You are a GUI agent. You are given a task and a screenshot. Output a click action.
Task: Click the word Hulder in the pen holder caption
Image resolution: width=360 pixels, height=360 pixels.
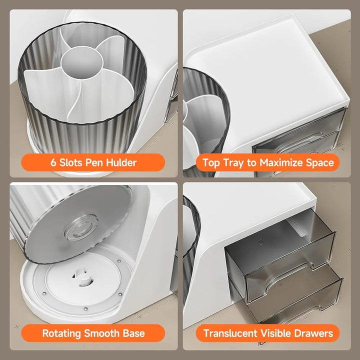[121, 162]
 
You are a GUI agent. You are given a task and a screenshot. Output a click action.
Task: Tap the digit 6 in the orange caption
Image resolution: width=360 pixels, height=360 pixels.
[53, 162]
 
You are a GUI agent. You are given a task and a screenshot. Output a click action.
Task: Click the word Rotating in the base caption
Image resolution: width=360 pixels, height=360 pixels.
[61, 333]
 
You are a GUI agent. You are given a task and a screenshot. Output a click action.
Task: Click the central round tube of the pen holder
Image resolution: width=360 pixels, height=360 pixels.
[81, 62]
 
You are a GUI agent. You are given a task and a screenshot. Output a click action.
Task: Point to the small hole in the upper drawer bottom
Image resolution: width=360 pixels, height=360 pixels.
[260, 242]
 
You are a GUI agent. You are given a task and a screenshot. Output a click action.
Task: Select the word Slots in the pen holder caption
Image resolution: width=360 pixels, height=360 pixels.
[71, 162]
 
